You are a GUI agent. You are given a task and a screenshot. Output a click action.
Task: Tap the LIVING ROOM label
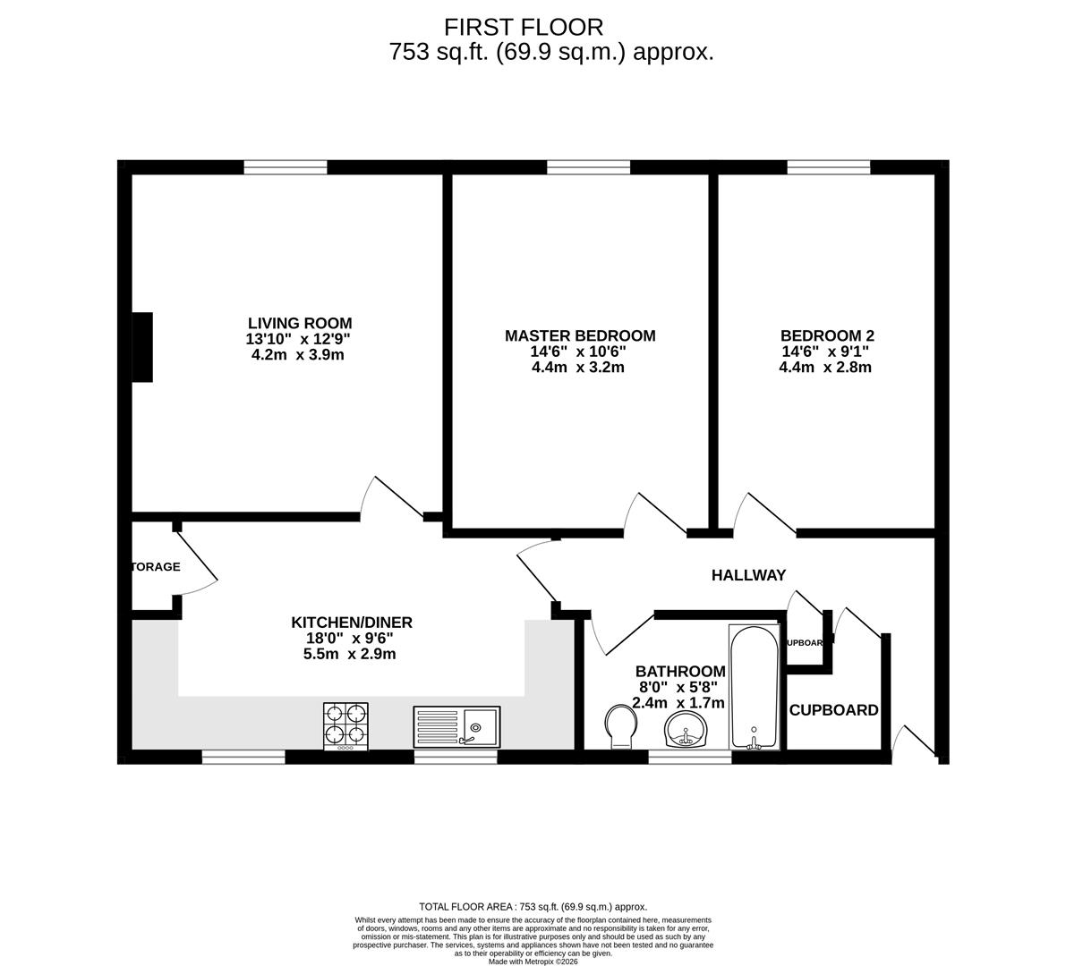(299, 323)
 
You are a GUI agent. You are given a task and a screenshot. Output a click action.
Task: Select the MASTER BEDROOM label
(579, 335)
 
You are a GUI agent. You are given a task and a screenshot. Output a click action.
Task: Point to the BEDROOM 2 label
(826, 335)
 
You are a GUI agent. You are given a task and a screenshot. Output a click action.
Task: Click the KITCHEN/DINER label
(351, 623)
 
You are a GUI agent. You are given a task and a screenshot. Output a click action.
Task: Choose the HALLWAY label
(748, 575)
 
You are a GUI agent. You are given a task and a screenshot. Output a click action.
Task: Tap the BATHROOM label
(679, 671)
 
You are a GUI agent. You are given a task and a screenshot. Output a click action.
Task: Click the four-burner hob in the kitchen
(345, 725)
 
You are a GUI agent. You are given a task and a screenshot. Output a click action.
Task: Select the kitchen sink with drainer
(457, 726)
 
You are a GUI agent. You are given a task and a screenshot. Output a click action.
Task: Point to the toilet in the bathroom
(618, 724)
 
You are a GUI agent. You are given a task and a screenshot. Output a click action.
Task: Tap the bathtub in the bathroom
(754, 687)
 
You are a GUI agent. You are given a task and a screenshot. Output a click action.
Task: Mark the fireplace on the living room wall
(142, 348)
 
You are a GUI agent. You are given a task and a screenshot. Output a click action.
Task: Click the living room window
(286, 166)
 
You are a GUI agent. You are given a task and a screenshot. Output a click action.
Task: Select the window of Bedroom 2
(828, 166)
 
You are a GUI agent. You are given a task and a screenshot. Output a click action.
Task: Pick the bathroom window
(689, 757)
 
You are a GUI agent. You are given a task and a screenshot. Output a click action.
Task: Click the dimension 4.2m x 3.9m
(298, 354)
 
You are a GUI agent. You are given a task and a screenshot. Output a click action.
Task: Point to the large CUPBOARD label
(833, 710)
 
